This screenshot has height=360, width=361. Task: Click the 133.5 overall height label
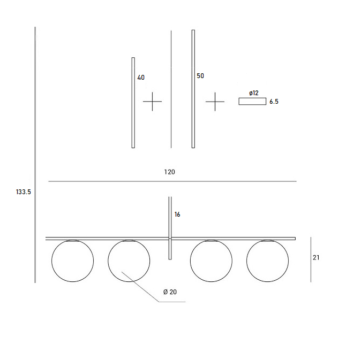coord(23,192)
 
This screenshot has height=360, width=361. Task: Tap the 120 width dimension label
coord(169,172)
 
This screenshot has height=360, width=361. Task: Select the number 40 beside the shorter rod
coord(141,78)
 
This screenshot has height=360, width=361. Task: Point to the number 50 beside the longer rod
coord(200,76)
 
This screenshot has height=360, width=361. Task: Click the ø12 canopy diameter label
coord(254,93)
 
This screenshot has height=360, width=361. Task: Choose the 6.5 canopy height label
coord(274,102)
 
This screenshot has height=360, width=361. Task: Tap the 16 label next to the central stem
coord(177,215)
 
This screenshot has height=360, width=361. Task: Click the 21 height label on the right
coord(316,258)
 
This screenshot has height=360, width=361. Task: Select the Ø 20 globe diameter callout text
coord(170,292)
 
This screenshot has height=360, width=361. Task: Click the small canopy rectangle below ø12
coord(252,102)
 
